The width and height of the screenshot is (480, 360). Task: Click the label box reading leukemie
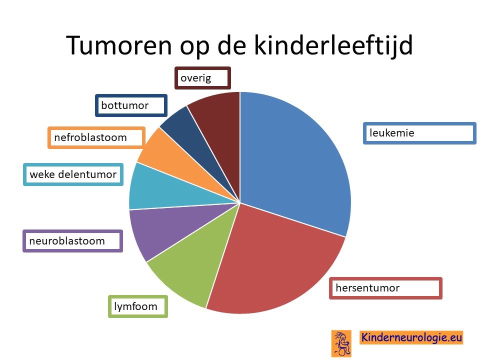pyautogui.click(x=419, y=133)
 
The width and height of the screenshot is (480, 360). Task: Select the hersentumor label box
pyautogui.click(x=385, y=288)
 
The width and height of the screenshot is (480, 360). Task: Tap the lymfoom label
pyautogui.click(x=138, y=306)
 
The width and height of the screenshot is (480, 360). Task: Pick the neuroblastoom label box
pyautogui.click(x=73, y=241)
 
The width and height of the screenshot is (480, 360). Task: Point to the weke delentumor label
pyautogui.click(x=73, y=174)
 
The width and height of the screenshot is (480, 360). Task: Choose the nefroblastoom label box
pyautogui.click(x=96, y=138)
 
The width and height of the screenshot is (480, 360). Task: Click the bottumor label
pyautogui.click(x=131, y=105)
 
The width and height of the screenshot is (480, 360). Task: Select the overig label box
pyautogui.click(x=202, y=78)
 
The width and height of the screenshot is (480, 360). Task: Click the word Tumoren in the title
pyautogui.click(x=119, y=45)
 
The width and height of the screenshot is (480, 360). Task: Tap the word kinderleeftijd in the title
pyautogui.click(x=333, y=46)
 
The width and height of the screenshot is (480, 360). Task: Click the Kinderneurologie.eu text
pyautogui.click(x=411, y=337)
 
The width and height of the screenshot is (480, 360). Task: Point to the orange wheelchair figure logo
pyautogui.click(x=341, y=343)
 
